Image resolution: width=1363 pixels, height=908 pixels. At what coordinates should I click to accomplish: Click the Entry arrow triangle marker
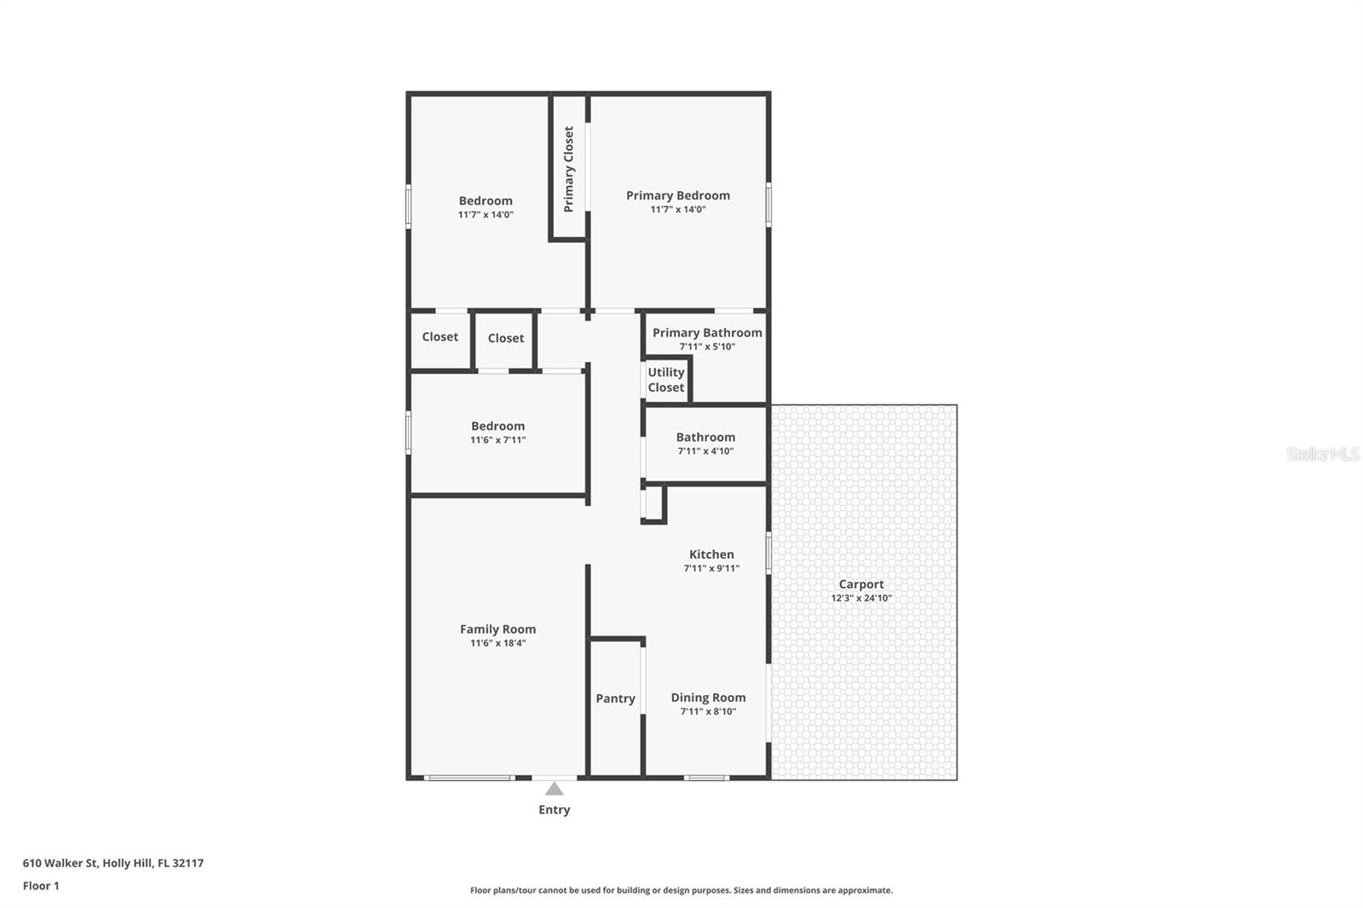554,789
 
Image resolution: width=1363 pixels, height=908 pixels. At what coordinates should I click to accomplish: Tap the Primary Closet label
568,169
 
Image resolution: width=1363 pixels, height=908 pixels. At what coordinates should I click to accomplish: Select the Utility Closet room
665,380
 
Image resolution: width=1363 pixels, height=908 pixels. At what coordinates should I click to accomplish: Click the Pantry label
615,698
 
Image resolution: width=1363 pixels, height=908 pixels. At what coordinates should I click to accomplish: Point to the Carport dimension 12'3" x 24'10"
861,598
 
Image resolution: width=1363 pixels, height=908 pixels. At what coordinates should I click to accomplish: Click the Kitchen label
711,555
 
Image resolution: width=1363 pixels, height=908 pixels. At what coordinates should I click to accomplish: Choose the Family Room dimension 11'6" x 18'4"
497,643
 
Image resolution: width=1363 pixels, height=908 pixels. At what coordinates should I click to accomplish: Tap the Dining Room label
708,698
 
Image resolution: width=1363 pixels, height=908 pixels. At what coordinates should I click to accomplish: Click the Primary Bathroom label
707,332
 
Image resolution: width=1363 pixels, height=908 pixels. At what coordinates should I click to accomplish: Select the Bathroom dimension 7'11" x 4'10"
705,451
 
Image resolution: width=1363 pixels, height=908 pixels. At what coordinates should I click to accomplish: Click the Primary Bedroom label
678,195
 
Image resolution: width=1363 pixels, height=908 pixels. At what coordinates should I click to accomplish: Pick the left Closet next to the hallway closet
440,337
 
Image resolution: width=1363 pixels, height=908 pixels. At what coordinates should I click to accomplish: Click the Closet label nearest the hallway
505,338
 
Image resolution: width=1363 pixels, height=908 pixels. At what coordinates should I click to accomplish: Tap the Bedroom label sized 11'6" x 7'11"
497,426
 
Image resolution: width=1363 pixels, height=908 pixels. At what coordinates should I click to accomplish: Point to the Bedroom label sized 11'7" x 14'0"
486,201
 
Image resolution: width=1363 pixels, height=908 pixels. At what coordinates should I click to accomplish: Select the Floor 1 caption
41,886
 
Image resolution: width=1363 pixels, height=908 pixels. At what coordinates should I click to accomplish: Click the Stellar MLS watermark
1322,454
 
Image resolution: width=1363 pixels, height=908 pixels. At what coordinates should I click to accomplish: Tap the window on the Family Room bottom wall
469,778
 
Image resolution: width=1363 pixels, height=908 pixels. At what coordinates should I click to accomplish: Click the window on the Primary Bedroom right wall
768,204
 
